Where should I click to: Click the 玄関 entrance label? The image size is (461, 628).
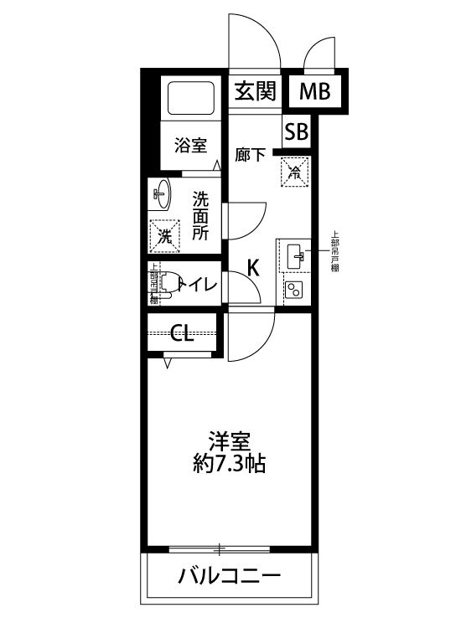tap(255, 91)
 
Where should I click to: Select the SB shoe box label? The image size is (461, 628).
tap(296, 131)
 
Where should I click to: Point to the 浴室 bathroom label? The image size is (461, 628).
tap(190, 145)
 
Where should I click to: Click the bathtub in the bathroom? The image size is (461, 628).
tap(192, 101)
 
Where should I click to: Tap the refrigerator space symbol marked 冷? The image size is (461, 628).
tap(296, 172)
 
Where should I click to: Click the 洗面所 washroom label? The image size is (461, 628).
tap(201, 216)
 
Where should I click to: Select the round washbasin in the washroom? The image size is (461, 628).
tap(161, 196)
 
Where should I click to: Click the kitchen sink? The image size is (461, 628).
tap(295, 256)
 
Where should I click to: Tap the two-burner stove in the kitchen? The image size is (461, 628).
tap(295, 291)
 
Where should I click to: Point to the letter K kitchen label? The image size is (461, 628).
tap(253, 268)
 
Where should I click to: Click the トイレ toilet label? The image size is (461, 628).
tap(196, 286)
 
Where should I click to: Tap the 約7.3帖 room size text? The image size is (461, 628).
tap(229, 464)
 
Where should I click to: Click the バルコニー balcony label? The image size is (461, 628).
tap(229, 577)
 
